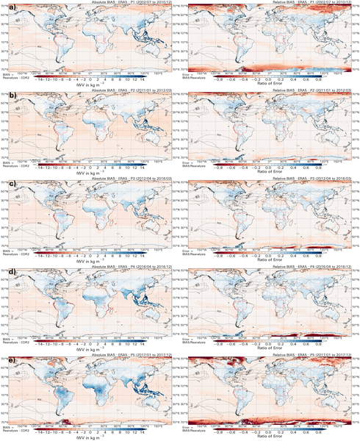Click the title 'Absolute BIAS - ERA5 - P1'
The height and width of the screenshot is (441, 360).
pyautogui.click(x=95, y=3)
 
